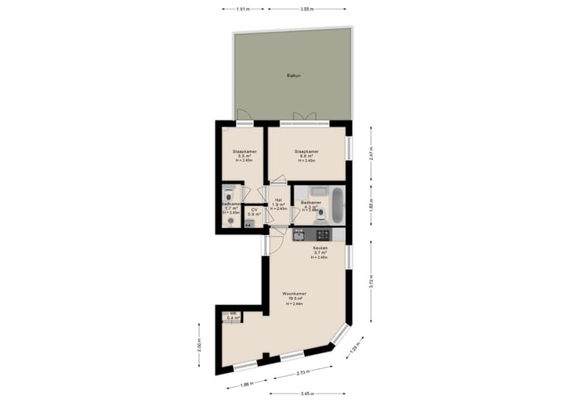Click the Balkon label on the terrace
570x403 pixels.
tap(293, 76)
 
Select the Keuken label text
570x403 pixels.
tap(319, 253)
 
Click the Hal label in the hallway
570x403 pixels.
tap(278, 204)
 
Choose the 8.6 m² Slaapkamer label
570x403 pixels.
tap(306, 155)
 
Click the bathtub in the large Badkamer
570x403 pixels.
tap(338, 205)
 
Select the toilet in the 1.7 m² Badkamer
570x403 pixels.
tap(230, 221)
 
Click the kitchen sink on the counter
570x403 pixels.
tap(300, 234)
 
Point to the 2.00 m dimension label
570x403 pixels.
tap(199, 346)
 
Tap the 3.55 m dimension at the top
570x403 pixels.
tap(306, 9)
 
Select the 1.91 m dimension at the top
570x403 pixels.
tap(243, 9)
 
